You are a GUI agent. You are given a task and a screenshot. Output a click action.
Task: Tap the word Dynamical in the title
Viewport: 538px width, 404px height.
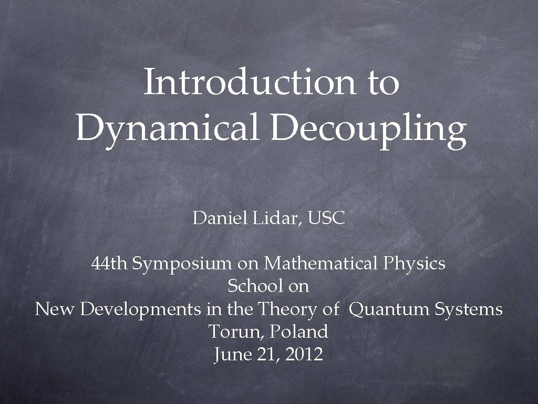[168, 128]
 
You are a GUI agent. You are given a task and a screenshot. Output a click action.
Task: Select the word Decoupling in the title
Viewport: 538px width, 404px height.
[368, 129]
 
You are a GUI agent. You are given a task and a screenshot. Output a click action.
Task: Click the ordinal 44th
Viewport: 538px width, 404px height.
[109, 262]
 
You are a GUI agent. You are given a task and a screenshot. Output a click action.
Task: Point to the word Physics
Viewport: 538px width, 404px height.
[414, 264]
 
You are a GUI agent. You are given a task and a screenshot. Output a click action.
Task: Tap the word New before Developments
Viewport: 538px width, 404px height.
[55, 309]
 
